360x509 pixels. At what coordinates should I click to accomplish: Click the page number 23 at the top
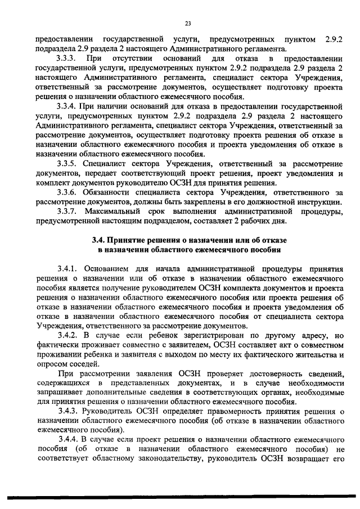(x=188, y=23)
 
